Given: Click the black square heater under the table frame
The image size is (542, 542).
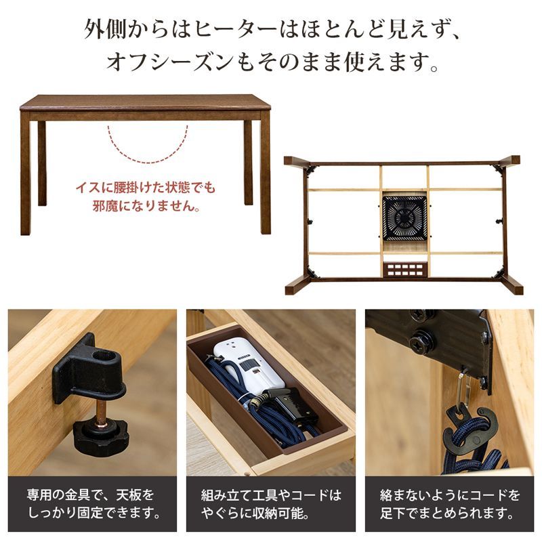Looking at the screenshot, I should pyautogui.click(x=404, y=217).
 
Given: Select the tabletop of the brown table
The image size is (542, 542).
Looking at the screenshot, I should pyautogui.click(x=145, y=103).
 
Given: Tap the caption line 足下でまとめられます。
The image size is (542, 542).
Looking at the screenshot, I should pyautogui.click(x=451, y=513).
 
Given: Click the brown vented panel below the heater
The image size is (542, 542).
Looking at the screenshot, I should pyautogui.click(x=404, y=270).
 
